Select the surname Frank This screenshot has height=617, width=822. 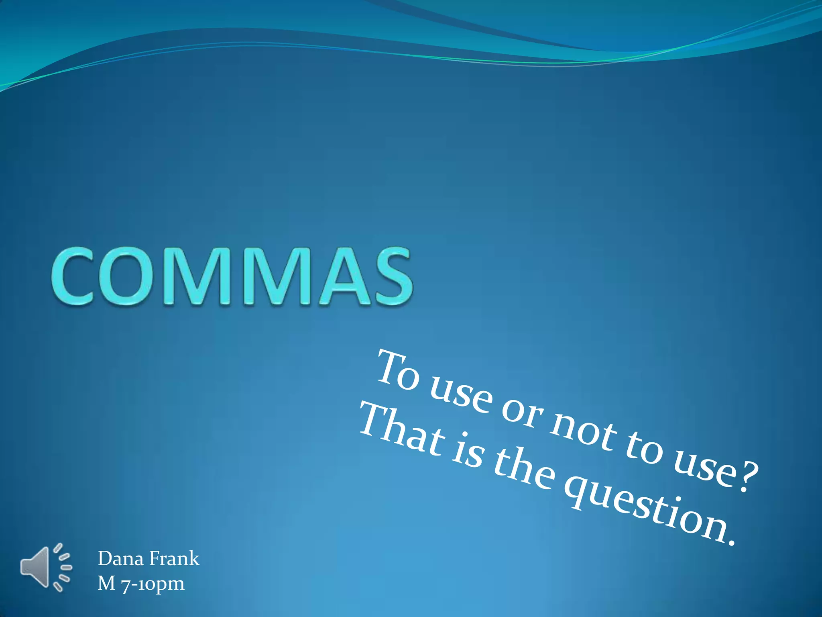pyautogui.click(x=174, y=558)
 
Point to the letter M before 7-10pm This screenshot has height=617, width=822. pyautogui.click(x=106, y=583)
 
